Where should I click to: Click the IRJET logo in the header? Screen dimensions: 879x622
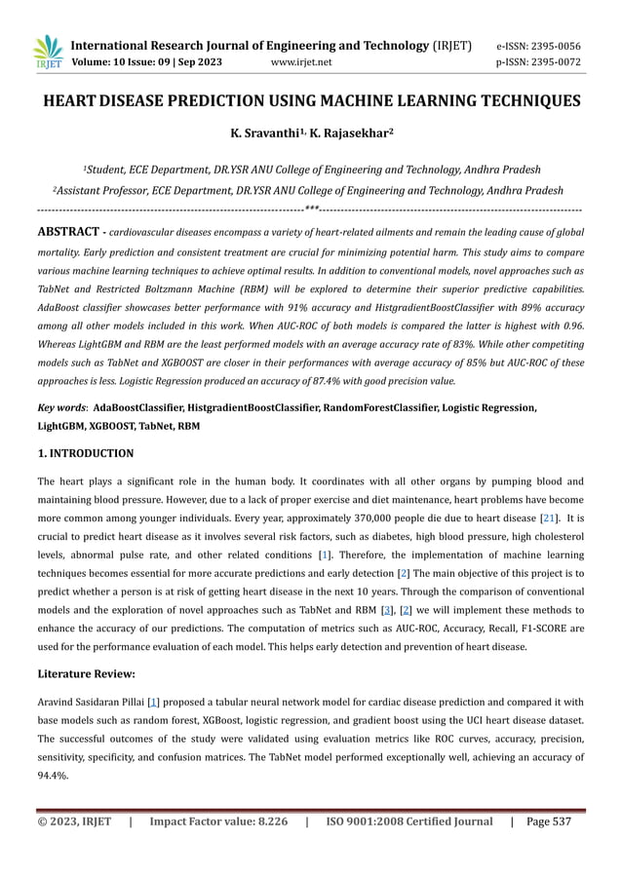(48, 54)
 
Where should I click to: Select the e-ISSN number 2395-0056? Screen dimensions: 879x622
(564, 46)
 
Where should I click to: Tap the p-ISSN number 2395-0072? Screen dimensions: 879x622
(564, 62)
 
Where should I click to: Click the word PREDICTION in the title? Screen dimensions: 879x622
(240, 100)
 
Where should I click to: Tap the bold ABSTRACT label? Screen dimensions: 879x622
(67, 233)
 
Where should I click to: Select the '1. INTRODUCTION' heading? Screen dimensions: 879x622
(85, 453)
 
